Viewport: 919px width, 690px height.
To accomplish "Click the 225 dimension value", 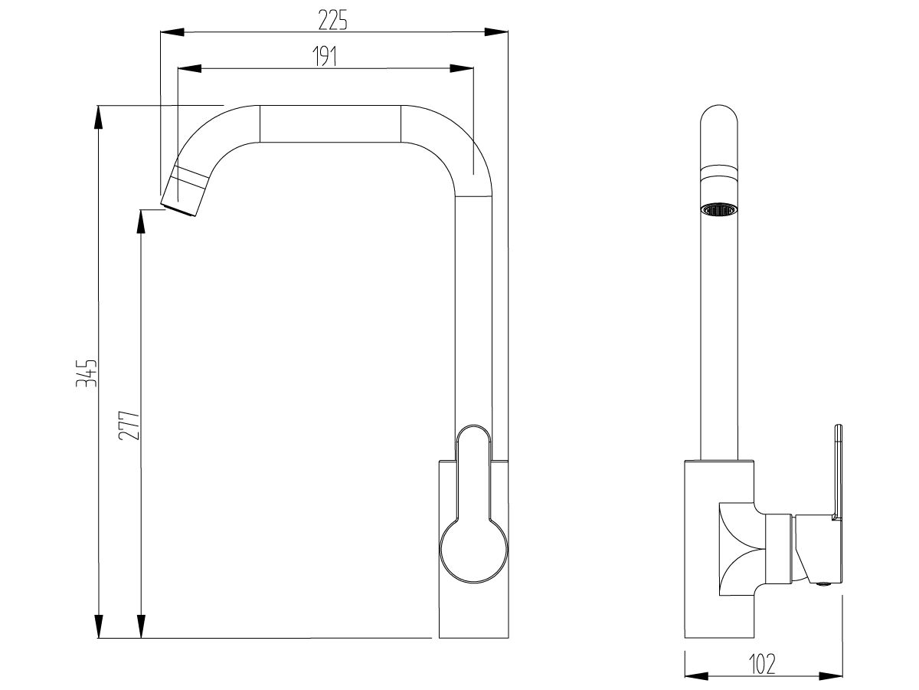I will [333, 21].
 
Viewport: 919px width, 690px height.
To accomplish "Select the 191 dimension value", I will [325, 58].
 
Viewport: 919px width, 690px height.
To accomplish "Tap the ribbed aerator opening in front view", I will [720, 209].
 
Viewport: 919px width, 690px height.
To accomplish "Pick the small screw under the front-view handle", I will [823, 585].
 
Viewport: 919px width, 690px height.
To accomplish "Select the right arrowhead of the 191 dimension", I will [463, 69].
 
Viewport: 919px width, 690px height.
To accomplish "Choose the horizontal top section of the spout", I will [330, 123].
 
